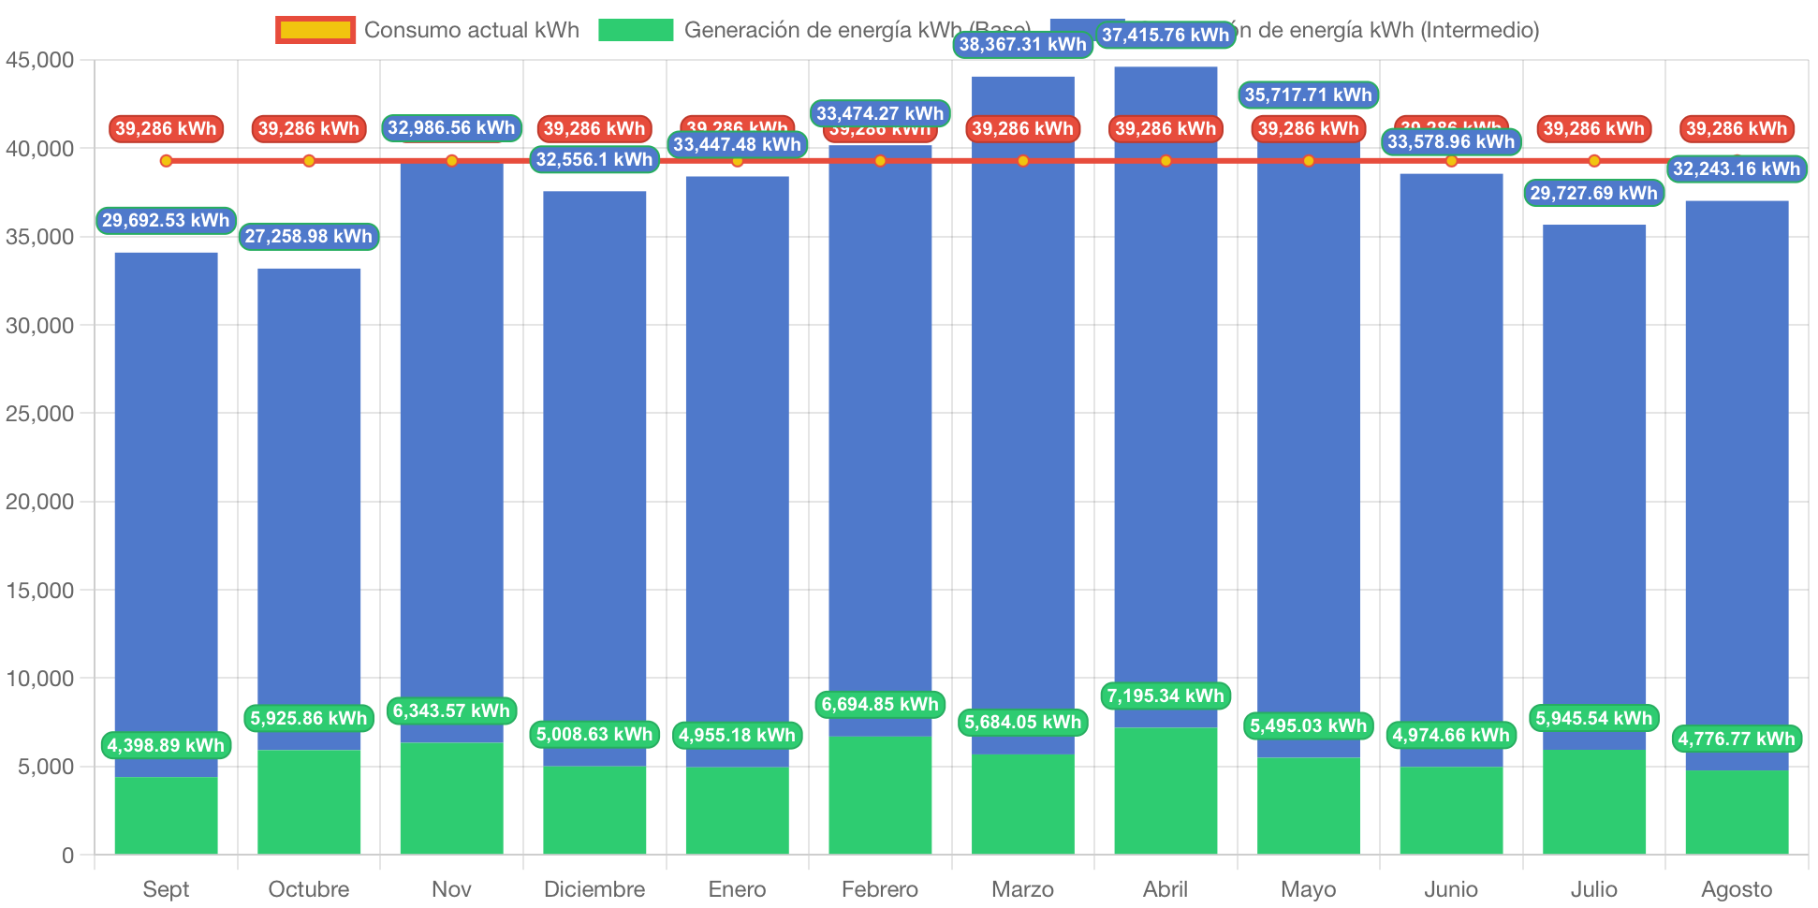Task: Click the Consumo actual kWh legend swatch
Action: [315, 30]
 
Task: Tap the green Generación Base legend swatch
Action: [636, 30]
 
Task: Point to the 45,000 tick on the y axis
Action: [40, 61]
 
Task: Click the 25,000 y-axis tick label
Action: [40, 414]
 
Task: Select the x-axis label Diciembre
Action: [594, 888]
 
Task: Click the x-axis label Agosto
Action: [1737, 888]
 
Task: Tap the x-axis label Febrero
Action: [880, 888]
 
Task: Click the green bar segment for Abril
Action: [1166, 791]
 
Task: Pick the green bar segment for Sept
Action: [166, 815]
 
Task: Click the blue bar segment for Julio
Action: [1594, 468]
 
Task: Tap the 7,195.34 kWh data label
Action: [1166, 696]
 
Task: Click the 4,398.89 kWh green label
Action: [166, 745]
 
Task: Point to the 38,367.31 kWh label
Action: [1022, 44]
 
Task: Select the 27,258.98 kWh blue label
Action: [309, 236]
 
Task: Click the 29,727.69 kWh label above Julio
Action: [1594, 193]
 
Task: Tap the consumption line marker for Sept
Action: [166, 161]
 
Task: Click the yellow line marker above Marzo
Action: [1023, 161]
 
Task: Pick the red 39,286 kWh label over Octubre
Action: [309, 128]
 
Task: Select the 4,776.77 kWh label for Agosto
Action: [1737, 739]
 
